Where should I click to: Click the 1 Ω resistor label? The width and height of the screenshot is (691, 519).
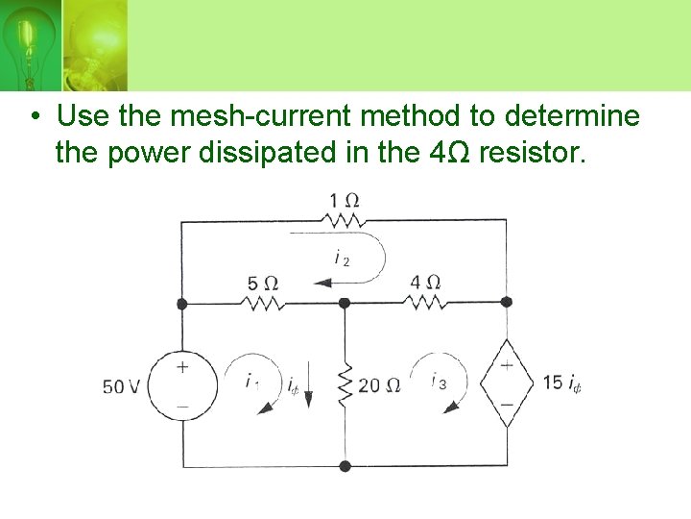(x=344, y=201)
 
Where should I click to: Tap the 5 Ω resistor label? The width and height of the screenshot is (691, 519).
(x=262, y=284)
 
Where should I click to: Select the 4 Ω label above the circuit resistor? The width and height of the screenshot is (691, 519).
(x=424, y=283)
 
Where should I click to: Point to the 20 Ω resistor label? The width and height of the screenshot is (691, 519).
(x=379, y=386)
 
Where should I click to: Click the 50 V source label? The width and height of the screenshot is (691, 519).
(x=122, y=386)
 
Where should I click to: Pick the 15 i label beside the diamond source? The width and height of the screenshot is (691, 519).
(x=561, y=383)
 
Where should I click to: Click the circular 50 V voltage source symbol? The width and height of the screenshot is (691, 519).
(x=182, y=385)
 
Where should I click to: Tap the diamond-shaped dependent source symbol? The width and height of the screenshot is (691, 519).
(x=506, y=383)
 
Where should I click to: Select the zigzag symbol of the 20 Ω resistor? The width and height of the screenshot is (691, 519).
(x=345, y=384)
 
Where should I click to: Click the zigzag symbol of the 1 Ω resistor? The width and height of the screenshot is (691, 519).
(x=344, y=220)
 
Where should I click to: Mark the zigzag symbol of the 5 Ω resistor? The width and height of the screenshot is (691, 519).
(x=262, y=302)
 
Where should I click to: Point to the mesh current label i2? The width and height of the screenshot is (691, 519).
(x=342, y=258)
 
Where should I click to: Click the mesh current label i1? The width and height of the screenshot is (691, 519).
(x=251, y=382)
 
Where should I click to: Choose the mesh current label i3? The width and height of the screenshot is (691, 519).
(x=439, y=382)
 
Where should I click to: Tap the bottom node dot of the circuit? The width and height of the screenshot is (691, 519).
(x=345, y=466)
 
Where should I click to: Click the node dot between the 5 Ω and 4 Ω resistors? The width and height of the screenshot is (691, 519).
(x=345, y=302)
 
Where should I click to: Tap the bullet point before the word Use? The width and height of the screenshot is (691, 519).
(x=34, y=117)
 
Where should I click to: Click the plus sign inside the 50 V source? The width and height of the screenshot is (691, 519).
(x=182, y=367)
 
